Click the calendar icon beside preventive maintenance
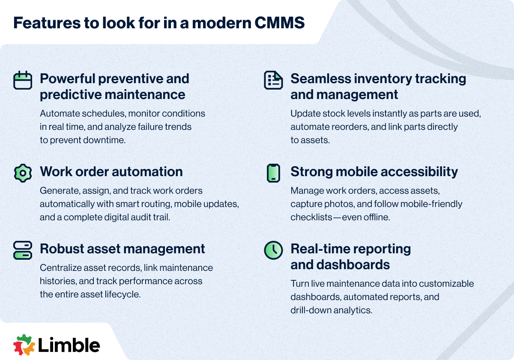(x=23, y=80)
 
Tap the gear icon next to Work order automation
(x=23, y=172)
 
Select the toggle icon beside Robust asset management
(x=23, y=250)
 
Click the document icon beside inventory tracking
(x=273, y=80)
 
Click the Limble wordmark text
(x=69, y=345)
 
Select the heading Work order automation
(x=111, y=172)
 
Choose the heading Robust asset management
(x=123, y=249)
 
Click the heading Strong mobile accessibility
(x=374, y=172)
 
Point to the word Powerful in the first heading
(x=67, y=79)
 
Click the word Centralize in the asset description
(x=60, y=268)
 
